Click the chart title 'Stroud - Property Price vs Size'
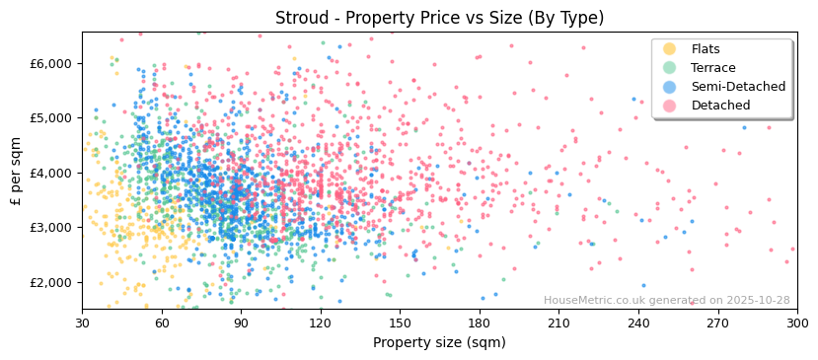pyautogui.click(x=439, y=18)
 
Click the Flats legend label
pyautogui.click(x=706, y=49)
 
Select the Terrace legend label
pyautogui.click(x=713, y=68)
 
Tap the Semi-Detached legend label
pyautogui.click(x=738, y=87)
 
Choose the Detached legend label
pyautogui.click(x=721, y=106)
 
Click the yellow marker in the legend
pyautogui.click(x=670, y=49)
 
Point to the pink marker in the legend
pyautogui.click(x=670, y=106)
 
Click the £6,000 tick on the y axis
pyautogui.click(x=50, y=63)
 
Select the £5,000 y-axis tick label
pyautogui.click(x=50, y=118)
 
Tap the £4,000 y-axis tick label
pyautogui.click(x=50, y=173)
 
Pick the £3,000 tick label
pyautogui.click(x=50, y=228)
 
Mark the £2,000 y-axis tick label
pyautogui.click(x=50, y=282)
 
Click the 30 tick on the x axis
pyautogui.click(x=82, y=324)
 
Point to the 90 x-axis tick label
pyautogui.click(x=241, y=324)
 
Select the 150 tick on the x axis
pyautogui.click(x=400, y=324)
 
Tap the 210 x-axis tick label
pyautogui.click(x=558, y=324)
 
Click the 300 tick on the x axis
pyautogui.click(x=796, y=324)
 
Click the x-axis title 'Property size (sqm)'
pyautogui.click(x=439, y=343)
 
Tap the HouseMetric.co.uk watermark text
pyautogui.click(x=666, y=301)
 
